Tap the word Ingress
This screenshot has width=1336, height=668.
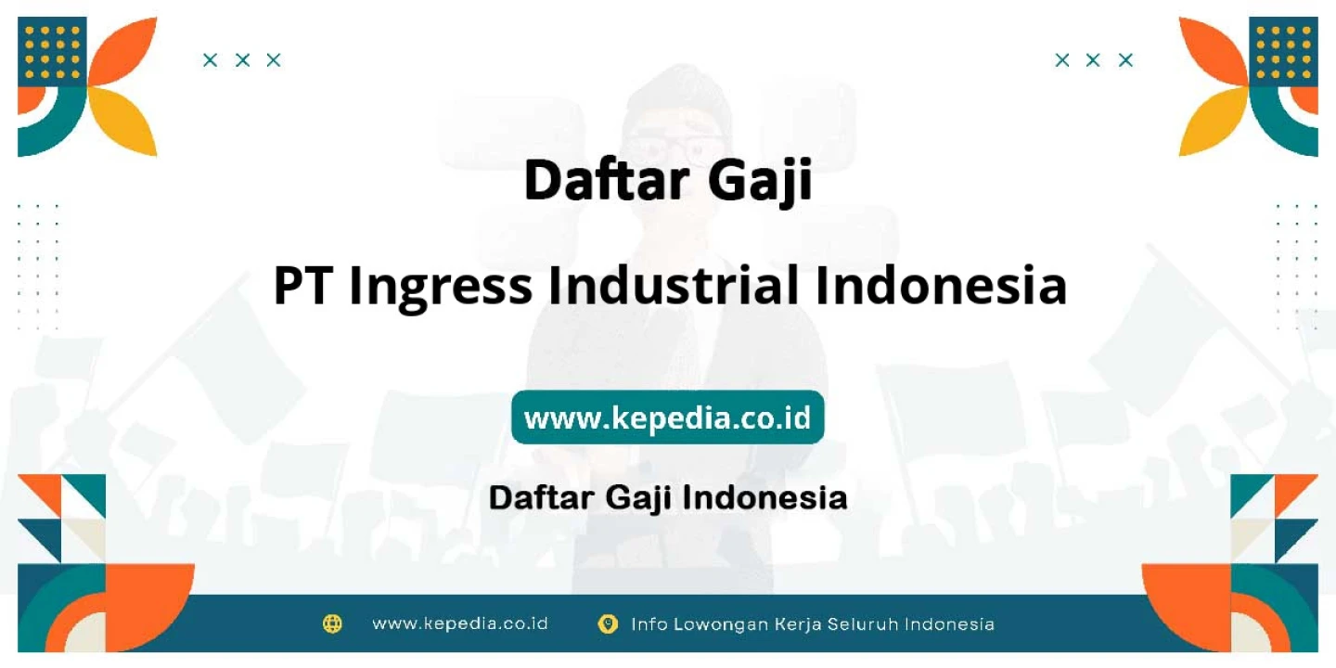[x=440, y=289]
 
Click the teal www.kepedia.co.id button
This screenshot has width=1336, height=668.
[x=667, y=417]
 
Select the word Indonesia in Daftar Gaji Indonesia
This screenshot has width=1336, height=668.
[x=764, y=497]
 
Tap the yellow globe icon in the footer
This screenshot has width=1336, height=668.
[x=332, y=623]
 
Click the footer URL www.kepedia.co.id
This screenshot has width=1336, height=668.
[x=460, y=623]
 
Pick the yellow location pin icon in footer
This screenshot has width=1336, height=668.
[x=608, y=623]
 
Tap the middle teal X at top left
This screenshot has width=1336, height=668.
[x=242, y=60]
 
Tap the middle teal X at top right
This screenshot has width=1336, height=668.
[x=1093, y=60]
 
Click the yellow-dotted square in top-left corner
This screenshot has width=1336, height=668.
[x=52, y=52]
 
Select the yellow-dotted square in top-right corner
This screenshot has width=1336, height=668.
[x=1283, y=52]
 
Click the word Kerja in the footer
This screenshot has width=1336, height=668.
[x=797, y=624]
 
